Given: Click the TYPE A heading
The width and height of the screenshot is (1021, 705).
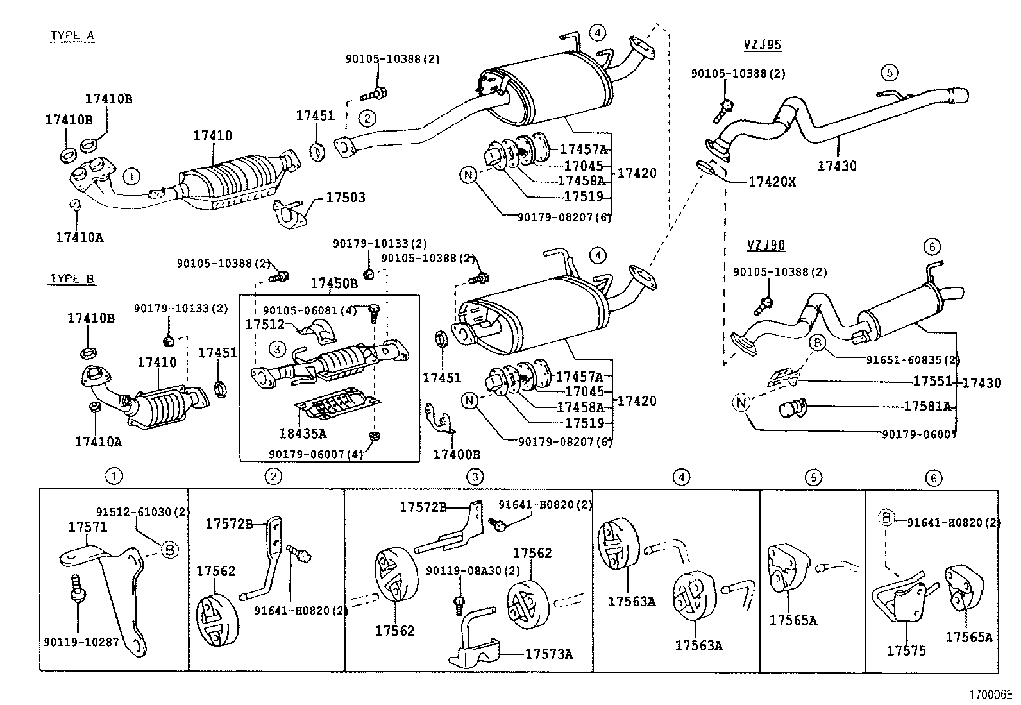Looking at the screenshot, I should pyautogui.click(x=72, y=35).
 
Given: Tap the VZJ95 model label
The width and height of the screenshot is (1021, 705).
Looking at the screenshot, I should pyautogui.click(x=762, y=45).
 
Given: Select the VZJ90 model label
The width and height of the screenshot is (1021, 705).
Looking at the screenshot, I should pyautogui.click(x=766, y=245).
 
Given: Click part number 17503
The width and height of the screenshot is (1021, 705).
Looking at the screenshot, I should pyautogui.click(x=345, y=197).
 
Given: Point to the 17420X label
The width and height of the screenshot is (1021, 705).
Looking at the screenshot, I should pyautogui.click(x=772, y=182).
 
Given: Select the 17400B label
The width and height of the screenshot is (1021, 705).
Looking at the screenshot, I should pyautogui.click(x=457, y=454).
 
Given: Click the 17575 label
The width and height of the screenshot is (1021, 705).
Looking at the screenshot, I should pyautogui.click(x=906, y=650).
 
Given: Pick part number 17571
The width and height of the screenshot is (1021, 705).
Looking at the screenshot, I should pyautogui.click(x=88, y=527).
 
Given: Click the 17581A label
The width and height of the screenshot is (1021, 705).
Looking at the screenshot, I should pyautogui.click(x=927, y=406).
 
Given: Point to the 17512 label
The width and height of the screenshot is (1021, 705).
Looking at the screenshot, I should pyautogui.click(x=264, y=325).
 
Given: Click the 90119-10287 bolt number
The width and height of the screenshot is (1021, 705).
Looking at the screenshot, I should pyautogui.click(x=81, y=641).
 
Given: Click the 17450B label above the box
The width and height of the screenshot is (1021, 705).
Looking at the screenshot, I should pyautogui.click(x=334, y=283).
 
